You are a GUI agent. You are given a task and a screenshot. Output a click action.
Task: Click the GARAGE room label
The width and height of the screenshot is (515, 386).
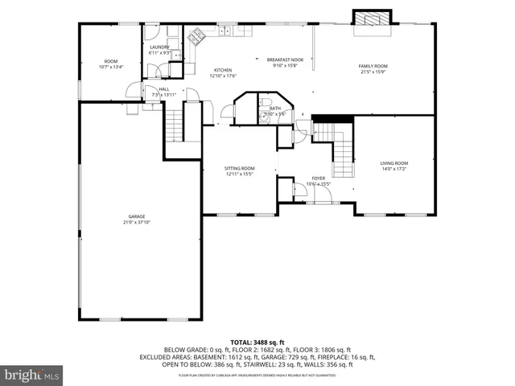138,216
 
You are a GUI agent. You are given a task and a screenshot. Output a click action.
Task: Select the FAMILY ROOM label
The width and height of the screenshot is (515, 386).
373,66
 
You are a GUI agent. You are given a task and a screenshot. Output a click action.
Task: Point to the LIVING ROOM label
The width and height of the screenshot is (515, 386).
393,163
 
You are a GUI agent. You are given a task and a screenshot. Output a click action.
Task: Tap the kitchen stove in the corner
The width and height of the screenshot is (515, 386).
196,35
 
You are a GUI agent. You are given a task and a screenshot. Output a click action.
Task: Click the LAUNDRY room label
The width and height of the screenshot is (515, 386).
159,47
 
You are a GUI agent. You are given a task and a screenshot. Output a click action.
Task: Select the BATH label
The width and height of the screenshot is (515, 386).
275,108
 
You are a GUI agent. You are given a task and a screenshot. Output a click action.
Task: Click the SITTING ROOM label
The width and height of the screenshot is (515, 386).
239,167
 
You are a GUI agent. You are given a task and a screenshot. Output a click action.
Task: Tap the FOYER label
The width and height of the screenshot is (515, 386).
319,179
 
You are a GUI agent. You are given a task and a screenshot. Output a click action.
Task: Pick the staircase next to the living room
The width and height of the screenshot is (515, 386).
342,149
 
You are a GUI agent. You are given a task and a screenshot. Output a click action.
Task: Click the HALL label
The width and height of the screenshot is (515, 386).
163,89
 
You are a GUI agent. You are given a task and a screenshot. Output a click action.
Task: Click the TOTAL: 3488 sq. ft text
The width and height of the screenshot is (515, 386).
257,342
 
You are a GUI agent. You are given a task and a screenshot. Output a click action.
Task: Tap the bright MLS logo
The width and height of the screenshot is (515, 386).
32,375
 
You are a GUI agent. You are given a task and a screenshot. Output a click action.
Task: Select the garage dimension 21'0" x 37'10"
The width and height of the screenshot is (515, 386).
138,222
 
